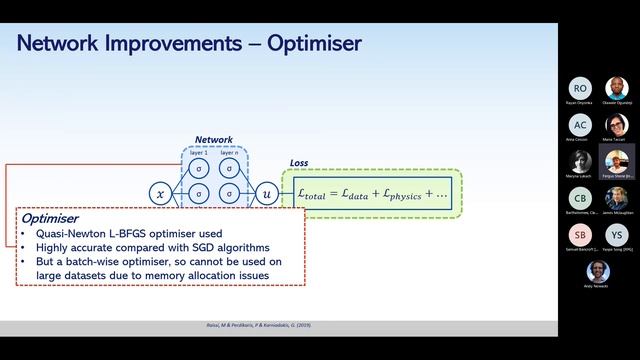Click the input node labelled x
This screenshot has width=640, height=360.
coord(160,192)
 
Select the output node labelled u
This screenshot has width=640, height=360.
coord(267,192)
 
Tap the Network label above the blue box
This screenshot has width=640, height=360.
coord(213,140)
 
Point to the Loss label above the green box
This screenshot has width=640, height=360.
coord(299,162)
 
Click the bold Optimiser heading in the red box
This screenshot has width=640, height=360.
coord(51,217)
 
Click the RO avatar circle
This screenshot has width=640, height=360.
coord(580,89)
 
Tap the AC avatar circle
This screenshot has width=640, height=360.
coord(580,125)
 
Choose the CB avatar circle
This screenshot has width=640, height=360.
coord(580,198)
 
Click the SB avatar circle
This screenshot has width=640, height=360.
coord(580,234)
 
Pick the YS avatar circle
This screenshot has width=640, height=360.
coord(616,234)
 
